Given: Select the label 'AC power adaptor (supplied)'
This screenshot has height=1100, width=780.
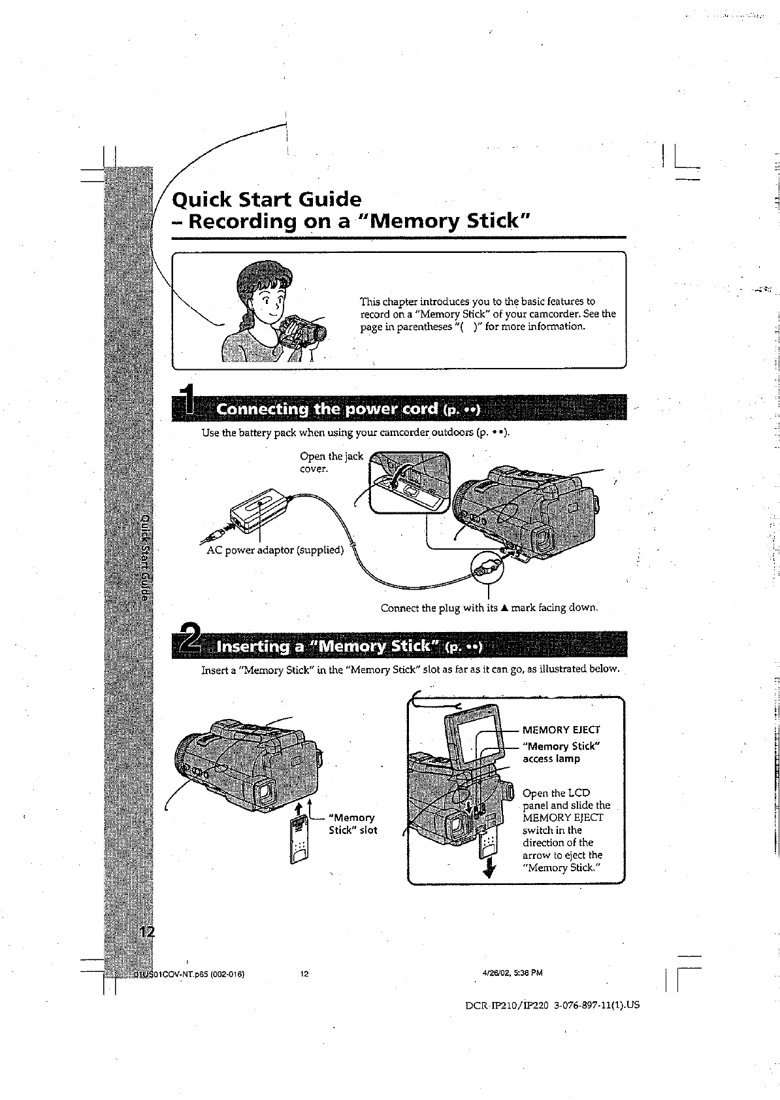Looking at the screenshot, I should click(274, 550).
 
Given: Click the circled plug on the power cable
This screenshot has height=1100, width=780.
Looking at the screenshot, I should click(487, 564).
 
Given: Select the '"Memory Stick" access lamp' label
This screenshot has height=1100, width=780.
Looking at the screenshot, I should click(561, 752).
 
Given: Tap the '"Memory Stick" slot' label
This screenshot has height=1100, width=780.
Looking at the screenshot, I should click(353, 824).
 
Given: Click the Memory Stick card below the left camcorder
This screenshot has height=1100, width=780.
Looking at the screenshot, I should click(299, 840).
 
